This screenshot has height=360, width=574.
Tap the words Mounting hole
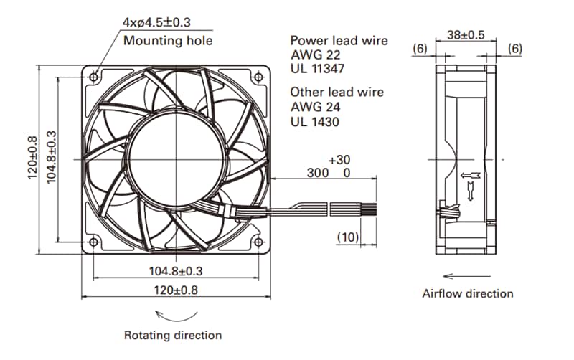coord(168,40)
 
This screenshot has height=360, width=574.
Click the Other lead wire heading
coord(337,92)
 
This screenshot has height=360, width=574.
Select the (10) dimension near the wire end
coord(348,236)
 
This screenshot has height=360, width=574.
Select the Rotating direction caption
coord(173,335)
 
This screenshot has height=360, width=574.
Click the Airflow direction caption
coord(467,293)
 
